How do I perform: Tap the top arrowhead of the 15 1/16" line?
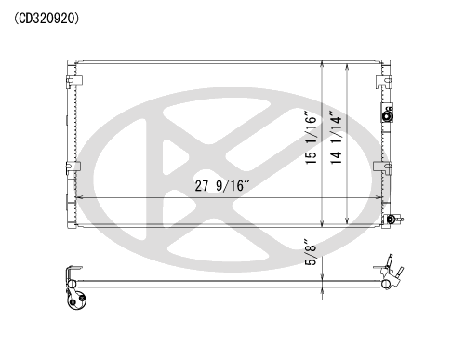point(322,66)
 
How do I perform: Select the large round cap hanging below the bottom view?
point(76,299)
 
